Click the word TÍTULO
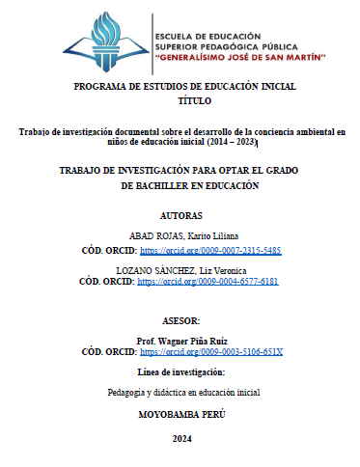coord(180,100)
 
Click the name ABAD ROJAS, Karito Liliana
coord(181,235)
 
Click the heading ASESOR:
coord(180,319)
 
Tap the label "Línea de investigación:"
coord(180,371)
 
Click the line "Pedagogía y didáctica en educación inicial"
coord(180,393)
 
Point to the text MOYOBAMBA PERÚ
coord(180,415)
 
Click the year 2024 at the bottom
coord(180,439)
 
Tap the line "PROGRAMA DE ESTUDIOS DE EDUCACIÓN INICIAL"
coord(180,87)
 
